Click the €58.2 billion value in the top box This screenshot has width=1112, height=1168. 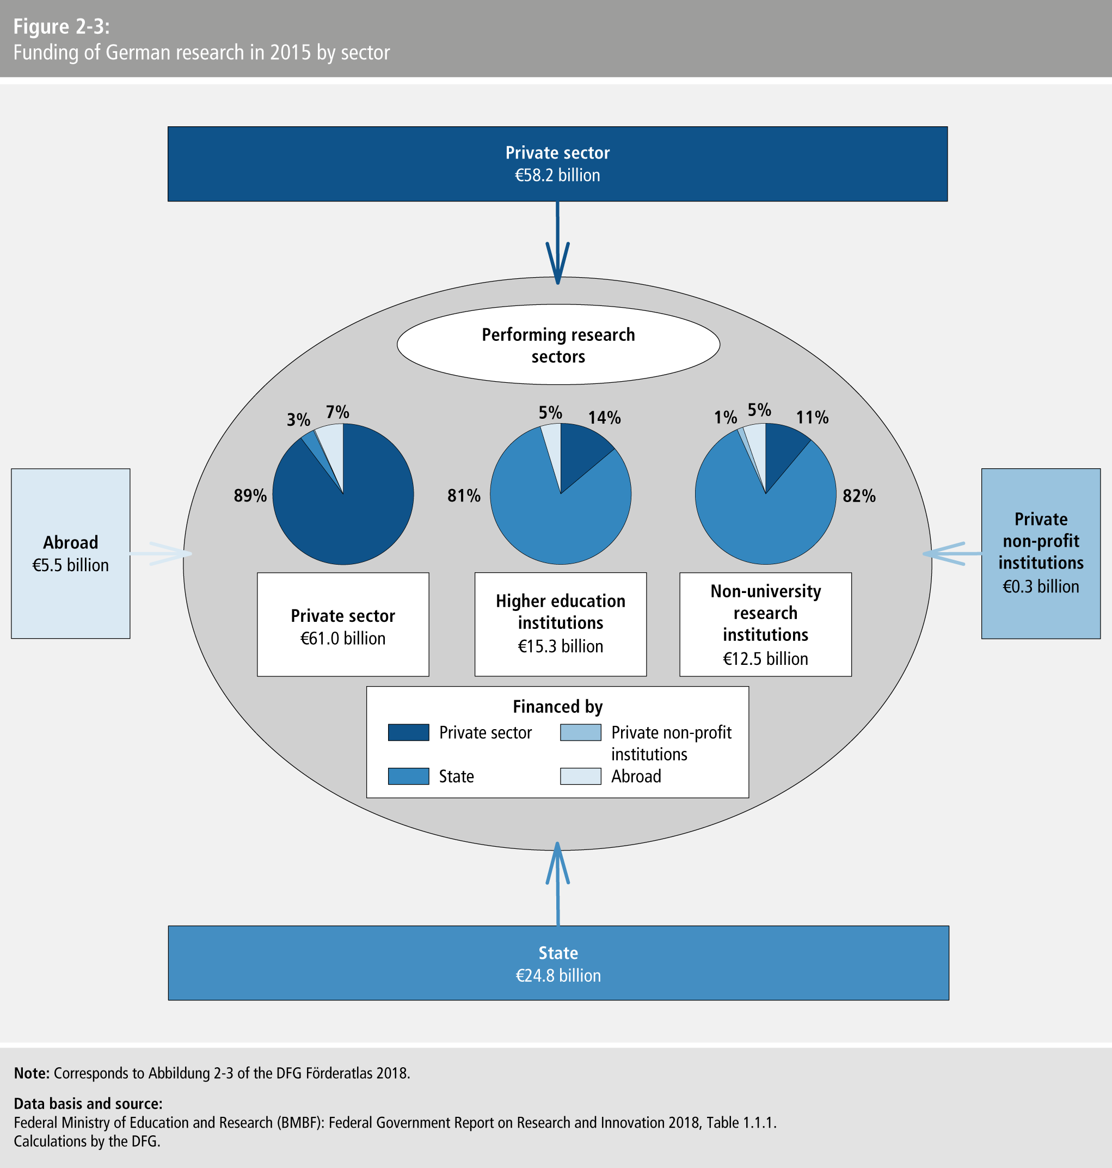tap(557, 175)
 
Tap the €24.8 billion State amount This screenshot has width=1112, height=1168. tap(558, 975)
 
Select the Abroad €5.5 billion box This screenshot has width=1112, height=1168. tap(71, 553)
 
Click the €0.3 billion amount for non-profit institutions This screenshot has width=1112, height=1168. tap(1040, 586)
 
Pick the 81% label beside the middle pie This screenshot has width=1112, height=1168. tap(464, 496)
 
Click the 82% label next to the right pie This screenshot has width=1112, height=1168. tap(859, 496)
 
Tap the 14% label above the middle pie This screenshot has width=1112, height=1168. tap(604, 418)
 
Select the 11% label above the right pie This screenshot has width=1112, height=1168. tap(812, 418)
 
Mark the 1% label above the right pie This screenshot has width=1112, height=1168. tap(725, 418)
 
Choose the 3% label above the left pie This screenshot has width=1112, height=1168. tap(298, 420)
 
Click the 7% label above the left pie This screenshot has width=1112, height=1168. tap(337, 412)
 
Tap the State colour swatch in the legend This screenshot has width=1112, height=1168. tap(408, 776)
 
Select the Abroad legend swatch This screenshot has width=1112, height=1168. tap(580, 776)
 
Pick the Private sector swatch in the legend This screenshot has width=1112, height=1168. tap(408, 732)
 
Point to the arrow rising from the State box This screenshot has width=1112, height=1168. tap(557, 883)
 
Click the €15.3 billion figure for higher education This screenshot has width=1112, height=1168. tap(560, 646)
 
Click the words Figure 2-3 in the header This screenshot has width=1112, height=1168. tap(62, 27)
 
